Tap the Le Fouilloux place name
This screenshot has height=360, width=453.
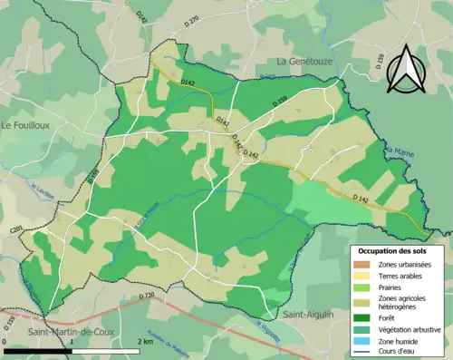[x=29, y=124]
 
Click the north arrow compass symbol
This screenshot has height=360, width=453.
[x=405, y=69]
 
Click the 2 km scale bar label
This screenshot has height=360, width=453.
[x=146, y=341]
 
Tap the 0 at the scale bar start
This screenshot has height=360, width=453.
[x=6, y=341]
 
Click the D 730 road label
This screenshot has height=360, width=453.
[x=149, y=297]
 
